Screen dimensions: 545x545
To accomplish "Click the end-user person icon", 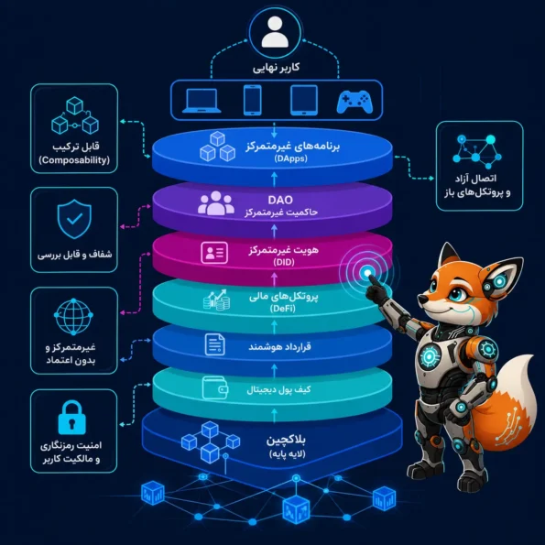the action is coord(275,32).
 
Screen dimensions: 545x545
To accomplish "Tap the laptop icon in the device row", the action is coord(202,101).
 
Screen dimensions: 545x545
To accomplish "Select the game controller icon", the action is coord(354,102).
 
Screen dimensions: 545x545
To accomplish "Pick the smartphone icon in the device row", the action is coord(252,100).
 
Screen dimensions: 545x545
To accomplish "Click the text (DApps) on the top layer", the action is coord(290,158).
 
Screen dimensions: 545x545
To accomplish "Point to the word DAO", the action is coord(280,200).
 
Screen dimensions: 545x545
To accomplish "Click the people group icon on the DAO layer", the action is coord(216,202).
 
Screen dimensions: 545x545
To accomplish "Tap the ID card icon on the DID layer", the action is coord(214,253).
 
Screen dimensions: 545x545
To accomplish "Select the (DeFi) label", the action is coord(283,309).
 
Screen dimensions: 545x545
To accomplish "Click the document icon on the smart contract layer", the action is coord(215,344).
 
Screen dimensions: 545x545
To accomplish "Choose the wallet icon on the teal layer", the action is coord(215,387).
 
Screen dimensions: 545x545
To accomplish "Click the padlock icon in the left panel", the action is coord(72,418).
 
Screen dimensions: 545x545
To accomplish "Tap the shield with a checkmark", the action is coord(74,219).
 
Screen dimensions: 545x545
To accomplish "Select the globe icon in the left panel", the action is coord(73,316).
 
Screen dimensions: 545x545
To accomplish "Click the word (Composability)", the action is coord(74,160).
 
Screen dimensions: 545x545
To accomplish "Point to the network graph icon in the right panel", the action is coord(477,151).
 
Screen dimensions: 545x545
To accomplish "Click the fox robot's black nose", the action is coord(421,299).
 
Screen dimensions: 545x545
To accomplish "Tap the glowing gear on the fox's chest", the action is coord(429,356).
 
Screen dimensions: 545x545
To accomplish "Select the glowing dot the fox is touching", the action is coord(367,273).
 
